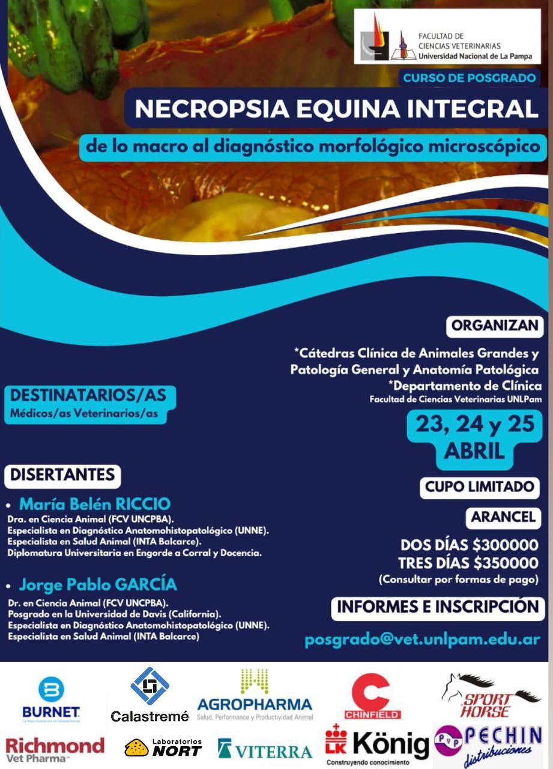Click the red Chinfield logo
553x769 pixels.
coord(372,696)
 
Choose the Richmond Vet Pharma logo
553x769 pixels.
coord(55,749)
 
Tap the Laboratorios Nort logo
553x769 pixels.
coord(163,747)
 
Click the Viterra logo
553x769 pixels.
coord(265,749)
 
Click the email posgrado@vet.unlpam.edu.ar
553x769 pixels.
coord(422,640)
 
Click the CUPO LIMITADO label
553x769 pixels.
coord(479,487)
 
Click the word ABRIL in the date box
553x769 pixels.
coord(474,451)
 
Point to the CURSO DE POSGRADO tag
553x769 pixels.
coord(470,78)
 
